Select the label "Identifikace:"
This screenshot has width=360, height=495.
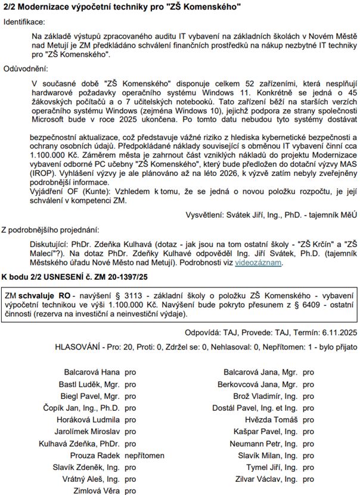26,22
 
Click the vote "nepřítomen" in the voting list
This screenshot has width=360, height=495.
144,455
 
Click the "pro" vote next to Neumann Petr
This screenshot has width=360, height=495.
308,443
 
